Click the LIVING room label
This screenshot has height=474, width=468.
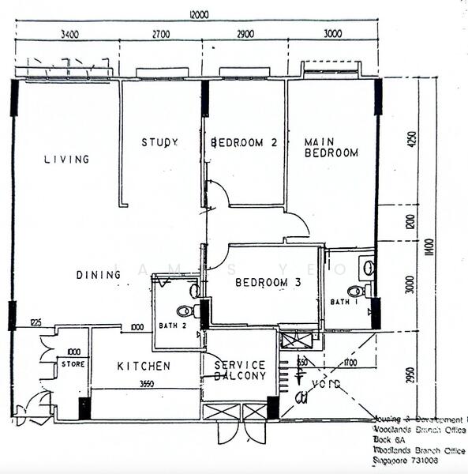pos(66,160)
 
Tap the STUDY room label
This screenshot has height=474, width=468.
pos(159,143)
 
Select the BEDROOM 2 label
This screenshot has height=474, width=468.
pos(244,143)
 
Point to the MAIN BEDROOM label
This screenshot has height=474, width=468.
pos(331,148)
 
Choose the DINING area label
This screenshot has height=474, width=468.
pos(99,275)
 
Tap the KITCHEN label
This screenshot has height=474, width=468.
pos(144,367)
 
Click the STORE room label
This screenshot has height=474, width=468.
pos(74,364)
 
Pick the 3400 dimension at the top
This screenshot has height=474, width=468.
pos(69,34)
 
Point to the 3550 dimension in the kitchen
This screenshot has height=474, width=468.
pos(144,382)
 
